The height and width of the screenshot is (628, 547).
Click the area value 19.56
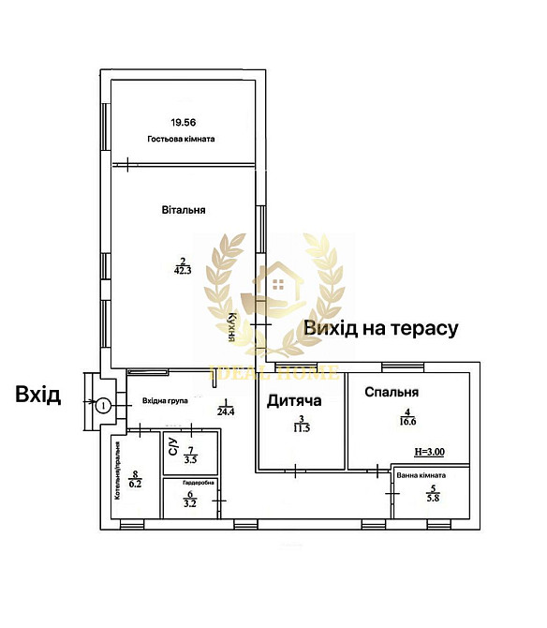pyautogui.click(x=185, y=122)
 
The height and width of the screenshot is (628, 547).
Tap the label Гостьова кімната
pyautogui.click(x=182, y=139)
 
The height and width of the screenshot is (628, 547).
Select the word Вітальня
pyautogui.click(x=184, y=211)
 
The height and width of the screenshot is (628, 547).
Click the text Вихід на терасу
pyautogui.click(x=380, y=328)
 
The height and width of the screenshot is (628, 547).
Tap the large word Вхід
pyautogui.click(x=38, y=395)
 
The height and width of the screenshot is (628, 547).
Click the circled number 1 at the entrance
pyautogui.click(x=104, y=405)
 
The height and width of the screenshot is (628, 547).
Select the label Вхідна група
pyautogui.click(x=165, y=400)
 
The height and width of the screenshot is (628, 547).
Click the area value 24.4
pyautogui.click(x=226, y=411)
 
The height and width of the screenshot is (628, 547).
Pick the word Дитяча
pyautogui.click(x=294, y=401)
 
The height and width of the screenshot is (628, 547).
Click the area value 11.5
pyautogui.click(x=302, y=427)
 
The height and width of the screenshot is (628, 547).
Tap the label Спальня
pyautogui.click(x=392, y=393)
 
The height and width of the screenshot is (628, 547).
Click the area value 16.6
pyautogui.click(x=407, y=423)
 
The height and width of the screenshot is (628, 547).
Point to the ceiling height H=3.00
pyautogui.click(x=428, y=452)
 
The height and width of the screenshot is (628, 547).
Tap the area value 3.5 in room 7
pyautogui.click(x=190, y=459)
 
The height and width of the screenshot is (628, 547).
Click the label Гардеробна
pyautogui.click(x=191, y=483)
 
